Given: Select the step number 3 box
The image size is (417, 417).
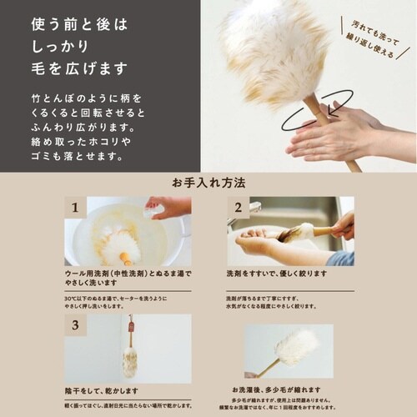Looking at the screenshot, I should click(75, 325).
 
